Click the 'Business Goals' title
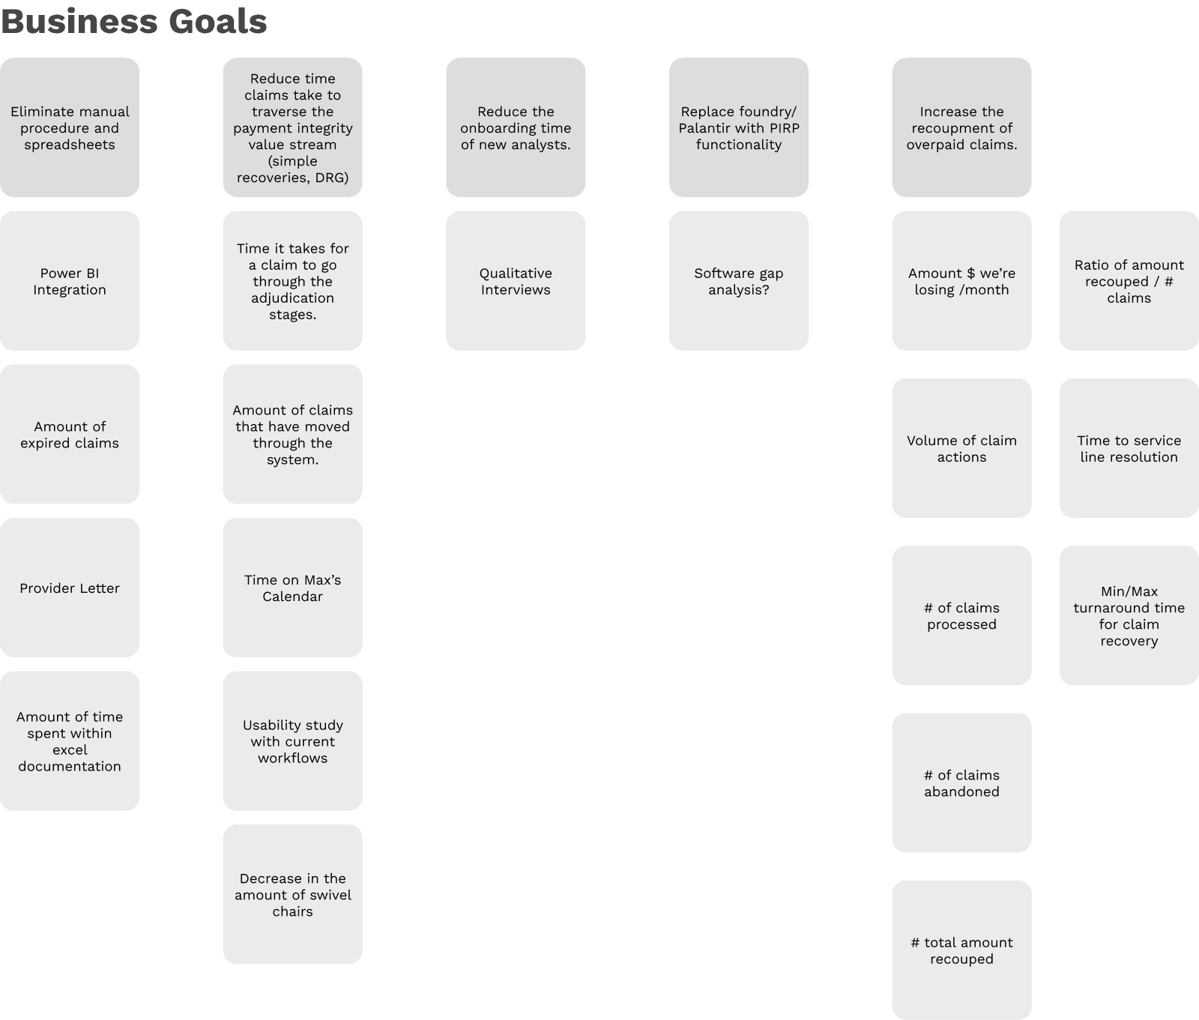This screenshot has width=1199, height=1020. (x=134, y=21)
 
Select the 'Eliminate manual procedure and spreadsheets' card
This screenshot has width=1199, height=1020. (x=70, y=127)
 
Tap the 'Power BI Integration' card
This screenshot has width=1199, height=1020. (x=70, y=281)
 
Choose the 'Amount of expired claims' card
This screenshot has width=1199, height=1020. (x=70, y=435)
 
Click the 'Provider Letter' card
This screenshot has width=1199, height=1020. (x=70, y=588)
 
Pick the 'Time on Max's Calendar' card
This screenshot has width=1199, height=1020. (x=292, y=588)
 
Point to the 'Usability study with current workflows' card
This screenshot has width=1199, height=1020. (x=292, y=741)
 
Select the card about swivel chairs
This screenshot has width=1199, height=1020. (x=292, y=895)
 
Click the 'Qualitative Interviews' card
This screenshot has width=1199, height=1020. (x=516, y=281)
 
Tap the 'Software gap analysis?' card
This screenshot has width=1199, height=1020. (x=739, y=281)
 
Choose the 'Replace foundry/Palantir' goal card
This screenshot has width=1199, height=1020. (x=739, y=127)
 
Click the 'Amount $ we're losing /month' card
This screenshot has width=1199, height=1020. (x=961, y=281)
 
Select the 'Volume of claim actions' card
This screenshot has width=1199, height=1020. (x=961, y=448)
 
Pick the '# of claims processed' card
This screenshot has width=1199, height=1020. (x=961, y=616)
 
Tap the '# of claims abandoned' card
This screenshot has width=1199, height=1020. (x=961, y=783)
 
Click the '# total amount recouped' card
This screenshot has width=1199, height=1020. (x=961, y=950)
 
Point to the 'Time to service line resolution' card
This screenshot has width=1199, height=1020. (x=1129, y=448)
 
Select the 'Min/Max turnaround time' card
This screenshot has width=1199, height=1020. (x=1129, y=616)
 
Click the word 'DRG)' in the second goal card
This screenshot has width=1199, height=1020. (x=331, y=178)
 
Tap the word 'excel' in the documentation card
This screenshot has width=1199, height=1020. (x=70, y=750)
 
